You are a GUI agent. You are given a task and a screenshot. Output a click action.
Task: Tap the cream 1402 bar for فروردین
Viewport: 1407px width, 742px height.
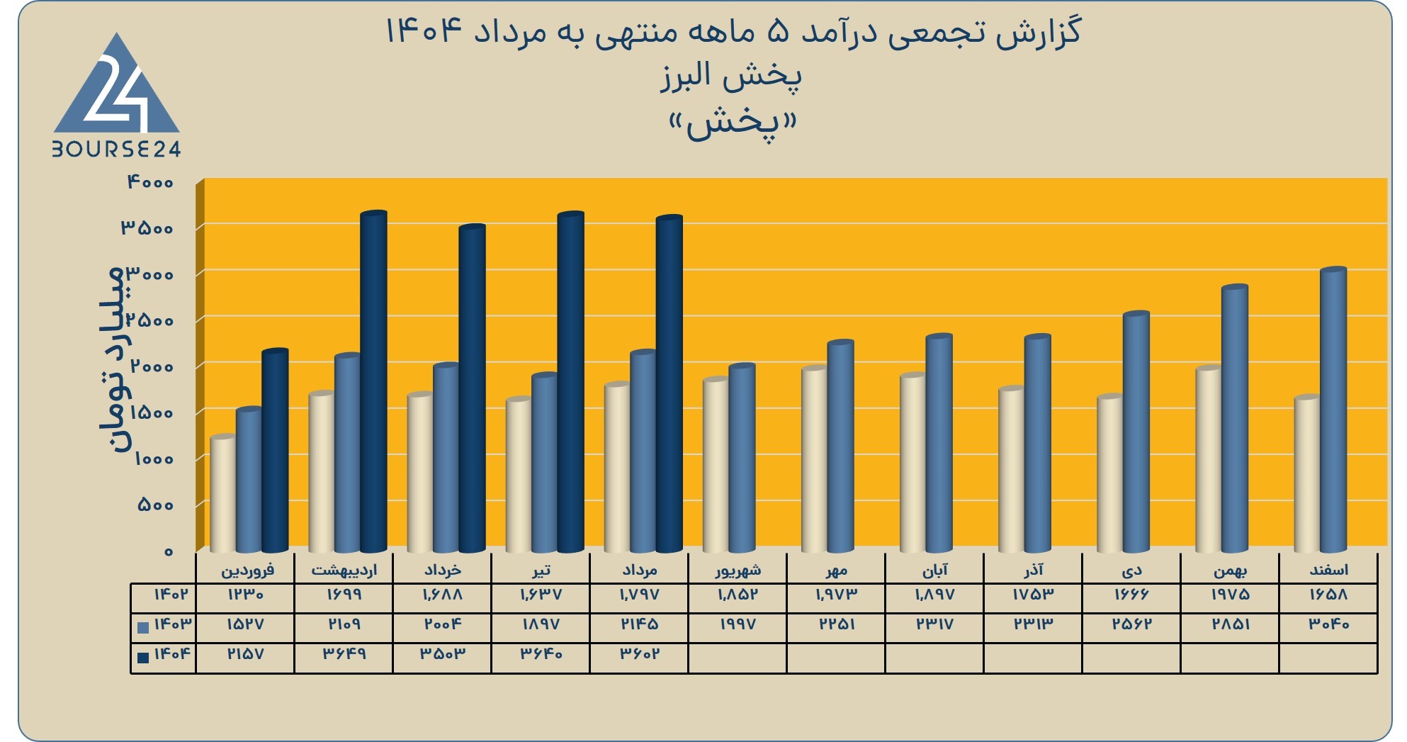(223, 494)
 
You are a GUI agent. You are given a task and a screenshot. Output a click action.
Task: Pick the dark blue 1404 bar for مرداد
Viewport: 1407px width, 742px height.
(669, 383)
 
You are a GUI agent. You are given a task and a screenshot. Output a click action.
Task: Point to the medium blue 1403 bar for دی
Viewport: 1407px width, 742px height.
(1136, 432)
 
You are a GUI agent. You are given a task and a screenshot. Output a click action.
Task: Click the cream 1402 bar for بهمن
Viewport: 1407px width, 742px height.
(1209, 459)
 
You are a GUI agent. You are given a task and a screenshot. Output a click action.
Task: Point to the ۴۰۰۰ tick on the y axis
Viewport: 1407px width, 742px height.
(150, 182)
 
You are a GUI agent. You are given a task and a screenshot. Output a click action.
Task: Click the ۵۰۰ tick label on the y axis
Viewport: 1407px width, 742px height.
(155, 505)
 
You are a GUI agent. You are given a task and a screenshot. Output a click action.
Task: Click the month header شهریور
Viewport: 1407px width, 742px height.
(738, 570)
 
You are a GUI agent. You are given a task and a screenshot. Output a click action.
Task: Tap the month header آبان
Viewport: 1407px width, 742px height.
(934, 570)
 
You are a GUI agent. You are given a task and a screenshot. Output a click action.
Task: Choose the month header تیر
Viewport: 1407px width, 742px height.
(541, 570)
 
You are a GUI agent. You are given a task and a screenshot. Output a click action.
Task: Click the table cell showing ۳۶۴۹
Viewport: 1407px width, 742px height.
(344, 653)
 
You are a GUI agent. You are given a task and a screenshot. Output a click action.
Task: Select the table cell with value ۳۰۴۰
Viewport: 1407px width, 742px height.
(1328, 624)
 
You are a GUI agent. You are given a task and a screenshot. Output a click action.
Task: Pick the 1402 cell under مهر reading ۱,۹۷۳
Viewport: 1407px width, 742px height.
(836, 595)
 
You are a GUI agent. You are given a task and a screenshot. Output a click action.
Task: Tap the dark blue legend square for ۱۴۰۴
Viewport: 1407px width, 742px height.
(143, 657)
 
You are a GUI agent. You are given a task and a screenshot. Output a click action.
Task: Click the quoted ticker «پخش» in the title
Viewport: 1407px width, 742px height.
(733, 125)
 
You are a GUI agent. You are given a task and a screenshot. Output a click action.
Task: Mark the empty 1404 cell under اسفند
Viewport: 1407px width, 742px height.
(1328, 658)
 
